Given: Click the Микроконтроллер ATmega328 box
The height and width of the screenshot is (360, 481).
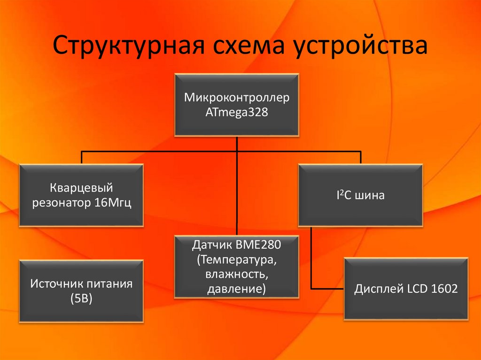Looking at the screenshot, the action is [x=237, y=105].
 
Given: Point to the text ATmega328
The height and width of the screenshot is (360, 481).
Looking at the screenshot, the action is [x=237, y=113].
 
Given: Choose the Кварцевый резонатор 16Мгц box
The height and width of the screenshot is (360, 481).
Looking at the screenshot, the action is [x=81, y=195].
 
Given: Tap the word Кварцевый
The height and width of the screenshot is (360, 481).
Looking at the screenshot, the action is [x=81, y=188].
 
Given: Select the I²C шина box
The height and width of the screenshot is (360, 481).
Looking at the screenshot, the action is [x=360, y=195].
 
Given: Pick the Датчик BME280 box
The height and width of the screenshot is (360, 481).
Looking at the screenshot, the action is [x=237, y=267].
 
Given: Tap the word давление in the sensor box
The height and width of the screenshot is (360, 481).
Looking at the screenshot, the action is [x=237, y=288].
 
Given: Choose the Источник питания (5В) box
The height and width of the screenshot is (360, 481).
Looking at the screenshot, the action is [x=81, y=291].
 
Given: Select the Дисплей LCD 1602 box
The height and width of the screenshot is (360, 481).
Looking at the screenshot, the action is [x=406, y=289].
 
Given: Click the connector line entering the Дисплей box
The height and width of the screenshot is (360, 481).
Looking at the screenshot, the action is [x=329, y=288].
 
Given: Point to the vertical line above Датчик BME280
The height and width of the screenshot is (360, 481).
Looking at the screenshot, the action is [x=237, y=197].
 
